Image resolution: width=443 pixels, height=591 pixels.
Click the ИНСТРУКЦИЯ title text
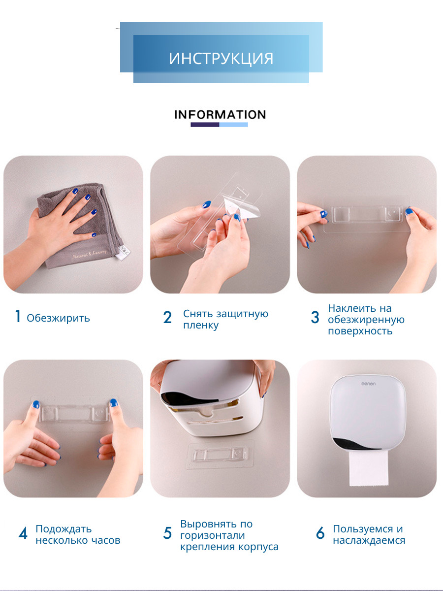coord(221,59)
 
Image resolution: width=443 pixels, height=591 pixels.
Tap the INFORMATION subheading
coord(220,115)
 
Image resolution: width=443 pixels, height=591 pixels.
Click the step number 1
coord(18,316)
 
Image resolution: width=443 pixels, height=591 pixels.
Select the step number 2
coord(167,317)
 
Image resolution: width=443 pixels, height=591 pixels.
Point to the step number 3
coord(315,317)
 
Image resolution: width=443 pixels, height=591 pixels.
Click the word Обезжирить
coord(58,318)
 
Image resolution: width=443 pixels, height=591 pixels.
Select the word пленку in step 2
coord(201,325)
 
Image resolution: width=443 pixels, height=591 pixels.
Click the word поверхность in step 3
coord(360,331)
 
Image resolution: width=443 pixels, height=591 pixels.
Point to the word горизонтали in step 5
coord(213,535)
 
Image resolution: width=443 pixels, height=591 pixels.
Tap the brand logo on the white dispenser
coord(368,383)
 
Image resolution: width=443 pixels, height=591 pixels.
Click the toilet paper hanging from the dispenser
coord(369,468)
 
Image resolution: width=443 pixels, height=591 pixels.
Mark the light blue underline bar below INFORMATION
coord(233,125)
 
